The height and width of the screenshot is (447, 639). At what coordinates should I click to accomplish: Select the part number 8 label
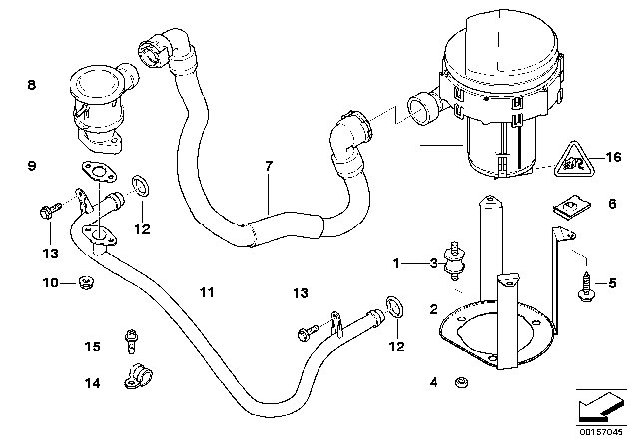[x=31, y=86]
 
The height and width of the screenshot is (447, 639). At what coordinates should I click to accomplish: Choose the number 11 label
[x=206, y=292]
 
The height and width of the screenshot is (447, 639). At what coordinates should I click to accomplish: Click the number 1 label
[x=396, y=263]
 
